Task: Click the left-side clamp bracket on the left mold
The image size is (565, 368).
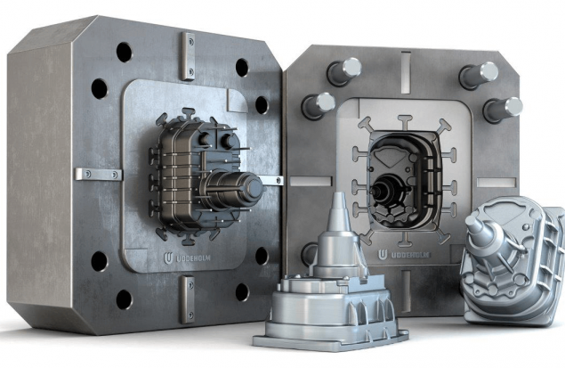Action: click(98, 173)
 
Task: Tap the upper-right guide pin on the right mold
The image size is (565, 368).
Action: click(480, 72)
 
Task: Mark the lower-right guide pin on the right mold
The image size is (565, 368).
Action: click(502, 109)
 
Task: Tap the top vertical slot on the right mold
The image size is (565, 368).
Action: click(406, 67)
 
